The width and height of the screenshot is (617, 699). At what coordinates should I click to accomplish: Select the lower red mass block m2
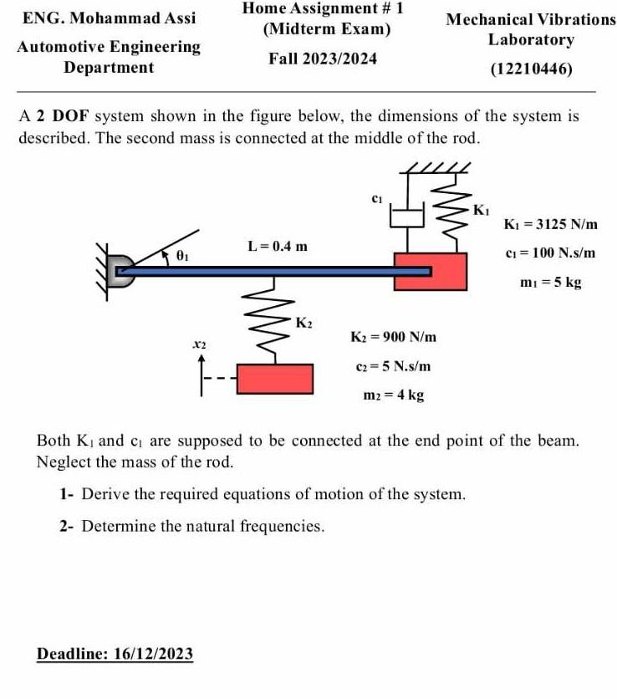pos(276,378)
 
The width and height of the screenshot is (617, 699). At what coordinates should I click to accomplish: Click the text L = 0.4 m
pos(278,246)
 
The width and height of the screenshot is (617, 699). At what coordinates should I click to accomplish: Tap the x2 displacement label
pos(199,343)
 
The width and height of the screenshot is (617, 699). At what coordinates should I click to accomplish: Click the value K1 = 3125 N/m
pos(551,224)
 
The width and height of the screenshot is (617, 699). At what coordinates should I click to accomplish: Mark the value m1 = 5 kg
pos(549,282)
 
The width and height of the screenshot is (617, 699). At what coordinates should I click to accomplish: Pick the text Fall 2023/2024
pos(323,59)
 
